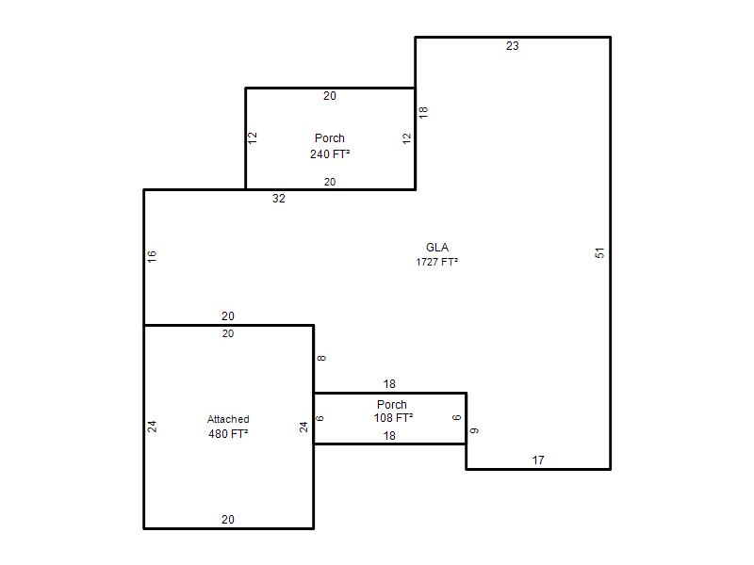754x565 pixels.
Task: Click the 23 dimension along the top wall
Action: [512, 46]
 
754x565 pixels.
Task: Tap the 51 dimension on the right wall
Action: [599, 253]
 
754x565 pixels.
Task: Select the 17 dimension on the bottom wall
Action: [538, 460]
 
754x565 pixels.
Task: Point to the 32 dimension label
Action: [279, 199]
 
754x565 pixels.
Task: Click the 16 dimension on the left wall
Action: [152, 256]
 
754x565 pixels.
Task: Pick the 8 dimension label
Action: [321, 358]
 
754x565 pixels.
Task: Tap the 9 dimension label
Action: [474, 430]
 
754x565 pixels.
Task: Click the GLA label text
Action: [437, 248]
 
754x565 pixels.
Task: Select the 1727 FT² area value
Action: [436, 262]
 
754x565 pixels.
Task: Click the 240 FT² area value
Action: [330, 154]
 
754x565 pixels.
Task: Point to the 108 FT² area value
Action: [393, 418]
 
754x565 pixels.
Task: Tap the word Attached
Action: [228, 419]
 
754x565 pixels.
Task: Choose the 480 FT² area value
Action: [228, 434]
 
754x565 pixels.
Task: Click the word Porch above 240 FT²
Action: [329, 138]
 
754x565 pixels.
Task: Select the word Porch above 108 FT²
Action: [392, 405]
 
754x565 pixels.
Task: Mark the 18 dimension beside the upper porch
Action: [423, 112]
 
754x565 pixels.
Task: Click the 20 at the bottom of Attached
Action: [228, 520]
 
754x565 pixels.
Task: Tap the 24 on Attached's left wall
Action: [152, 427]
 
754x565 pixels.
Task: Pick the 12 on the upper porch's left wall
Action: [253, 137]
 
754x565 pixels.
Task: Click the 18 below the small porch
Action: [389, 436]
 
